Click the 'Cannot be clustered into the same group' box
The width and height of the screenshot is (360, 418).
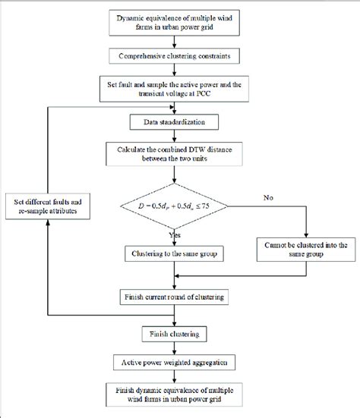303,250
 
